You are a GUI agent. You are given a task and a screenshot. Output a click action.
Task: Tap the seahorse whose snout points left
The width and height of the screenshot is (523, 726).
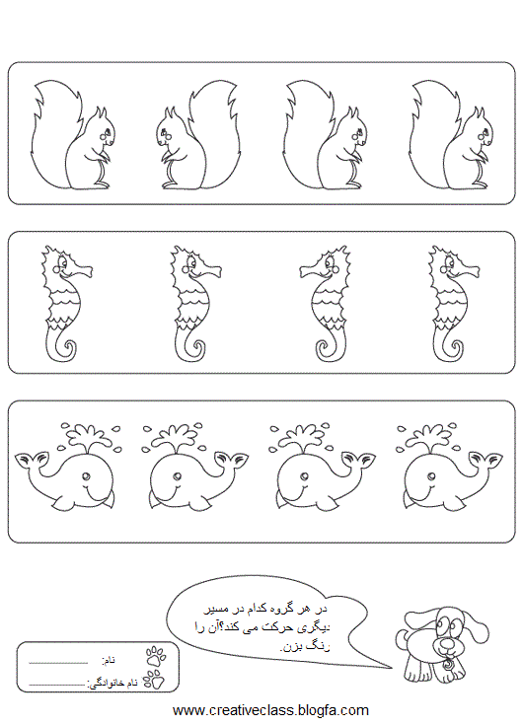(326, 303)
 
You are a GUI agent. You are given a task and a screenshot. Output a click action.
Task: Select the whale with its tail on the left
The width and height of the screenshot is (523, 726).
(65, 468)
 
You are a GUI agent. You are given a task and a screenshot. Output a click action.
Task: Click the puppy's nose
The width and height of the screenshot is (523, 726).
(446, 643)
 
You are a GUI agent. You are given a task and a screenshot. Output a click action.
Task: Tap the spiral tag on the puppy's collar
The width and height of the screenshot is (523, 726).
(448, 665)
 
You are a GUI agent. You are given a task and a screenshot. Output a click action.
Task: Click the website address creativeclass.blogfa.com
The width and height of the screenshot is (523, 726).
(270, 710)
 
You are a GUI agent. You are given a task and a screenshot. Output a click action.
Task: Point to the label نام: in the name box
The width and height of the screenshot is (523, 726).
(109, 660)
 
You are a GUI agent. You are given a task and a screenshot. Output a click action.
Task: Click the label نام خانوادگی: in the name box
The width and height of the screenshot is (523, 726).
(112, 683)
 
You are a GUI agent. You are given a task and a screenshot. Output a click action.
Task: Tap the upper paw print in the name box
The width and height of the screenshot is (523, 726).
(156, 657)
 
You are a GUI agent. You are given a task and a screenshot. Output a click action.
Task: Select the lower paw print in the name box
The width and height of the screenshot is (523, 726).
(154, 680)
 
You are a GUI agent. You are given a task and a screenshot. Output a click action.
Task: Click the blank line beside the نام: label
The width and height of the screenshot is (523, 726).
(58, 663)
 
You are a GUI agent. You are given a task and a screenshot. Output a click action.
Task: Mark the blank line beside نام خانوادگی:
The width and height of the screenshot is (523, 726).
(57, 685)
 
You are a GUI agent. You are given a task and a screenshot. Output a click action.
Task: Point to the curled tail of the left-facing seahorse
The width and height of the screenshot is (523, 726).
(327, 346)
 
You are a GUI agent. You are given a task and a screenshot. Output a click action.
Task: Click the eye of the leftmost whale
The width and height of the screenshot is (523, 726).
(85, 475)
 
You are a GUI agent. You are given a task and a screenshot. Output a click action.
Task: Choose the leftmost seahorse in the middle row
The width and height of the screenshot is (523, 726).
(65, 303)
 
